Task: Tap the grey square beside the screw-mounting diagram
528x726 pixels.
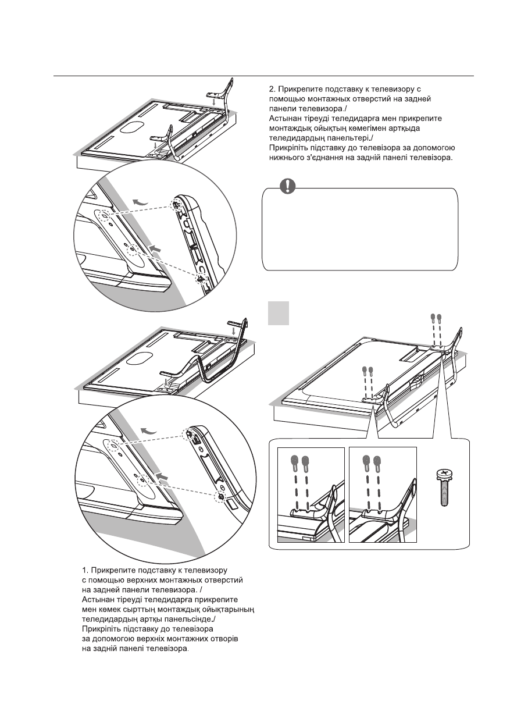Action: [279, 313]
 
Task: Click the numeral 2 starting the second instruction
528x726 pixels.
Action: [272, 90]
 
